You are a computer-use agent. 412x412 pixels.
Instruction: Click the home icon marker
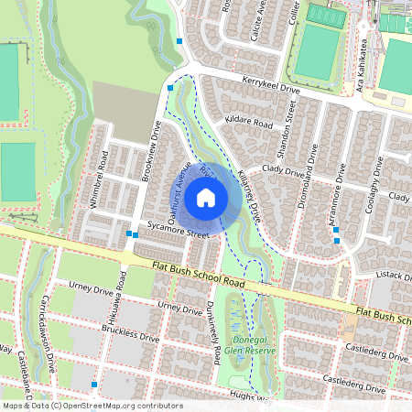pos(206,198)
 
